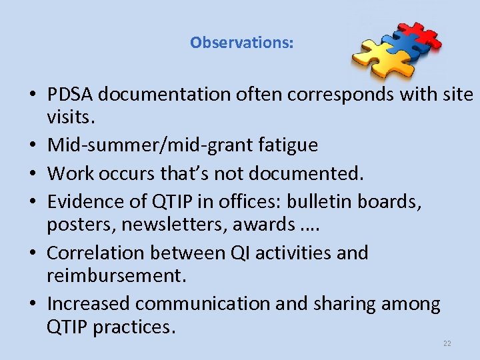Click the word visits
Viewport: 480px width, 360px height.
[x=71, y=119]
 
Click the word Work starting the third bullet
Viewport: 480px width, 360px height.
[x=70, y=173]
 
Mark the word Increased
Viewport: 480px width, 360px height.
[x=88, y=304]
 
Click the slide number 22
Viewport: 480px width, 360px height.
[x=447, y=343]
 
